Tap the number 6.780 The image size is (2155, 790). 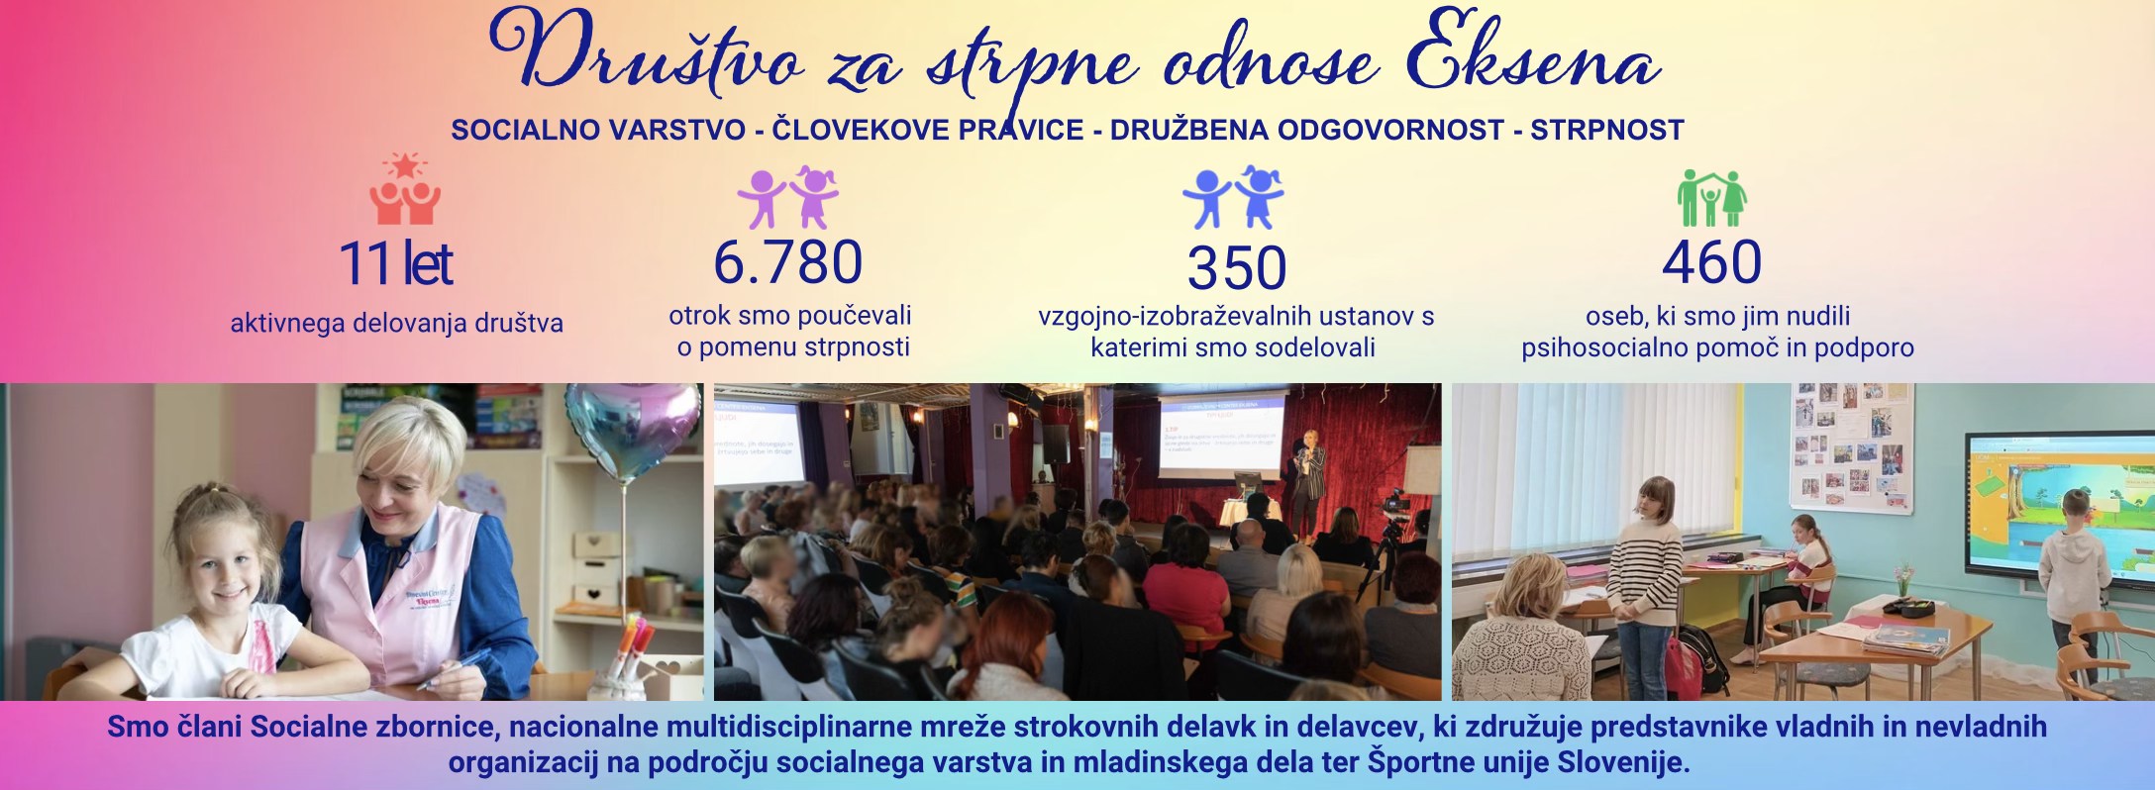(788, 261)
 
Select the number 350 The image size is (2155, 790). (1237, 267)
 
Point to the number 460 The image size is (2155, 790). (1711, 261)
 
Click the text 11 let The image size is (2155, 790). (396, 263)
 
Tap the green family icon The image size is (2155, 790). (1711, 198)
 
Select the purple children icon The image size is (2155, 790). (788, 197)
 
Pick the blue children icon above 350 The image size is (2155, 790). (1234, 197)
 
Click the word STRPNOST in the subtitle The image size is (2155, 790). (1607, 130)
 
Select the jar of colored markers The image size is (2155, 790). (632, 653)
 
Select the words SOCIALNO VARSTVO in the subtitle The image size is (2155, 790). (598, 130)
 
